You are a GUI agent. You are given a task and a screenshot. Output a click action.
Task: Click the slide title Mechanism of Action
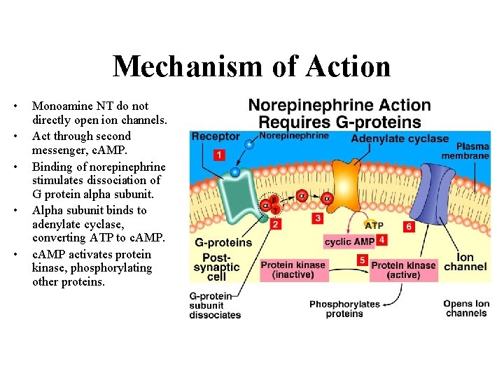tap(251, 66)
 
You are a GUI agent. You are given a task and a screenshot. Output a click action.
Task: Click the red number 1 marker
tap(219, 154)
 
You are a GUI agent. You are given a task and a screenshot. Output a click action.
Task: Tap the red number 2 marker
tap(276, 225)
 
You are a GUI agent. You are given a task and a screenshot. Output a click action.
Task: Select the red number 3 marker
tap(318, 218)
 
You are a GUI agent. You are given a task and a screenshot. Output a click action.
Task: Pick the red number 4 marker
tap(381, 240)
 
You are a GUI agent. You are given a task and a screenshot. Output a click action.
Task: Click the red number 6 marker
tap(409, 227)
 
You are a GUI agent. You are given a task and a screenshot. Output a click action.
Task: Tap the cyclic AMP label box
tap(349, 241)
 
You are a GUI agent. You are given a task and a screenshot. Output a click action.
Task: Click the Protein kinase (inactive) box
tap(293, 269)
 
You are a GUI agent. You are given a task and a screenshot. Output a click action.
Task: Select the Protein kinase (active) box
tap(403, 269)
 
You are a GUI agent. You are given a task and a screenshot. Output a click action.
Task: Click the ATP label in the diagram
tap(373, 225)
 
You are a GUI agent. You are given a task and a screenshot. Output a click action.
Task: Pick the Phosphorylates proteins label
tap(344, 309)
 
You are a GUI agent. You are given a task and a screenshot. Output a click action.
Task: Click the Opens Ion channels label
tap(465, 308)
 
